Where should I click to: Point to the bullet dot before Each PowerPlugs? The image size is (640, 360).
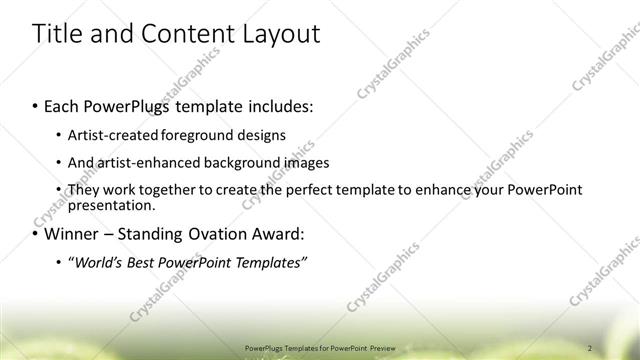[36, 105]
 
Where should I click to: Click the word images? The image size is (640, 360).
[305, 162]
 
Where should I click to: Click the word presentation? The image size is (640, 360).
[111, 205]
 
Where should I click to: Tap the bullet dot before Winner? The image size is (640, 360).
[36, 235]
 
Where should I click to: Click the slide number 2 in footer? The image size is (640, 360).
[589, 348]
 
